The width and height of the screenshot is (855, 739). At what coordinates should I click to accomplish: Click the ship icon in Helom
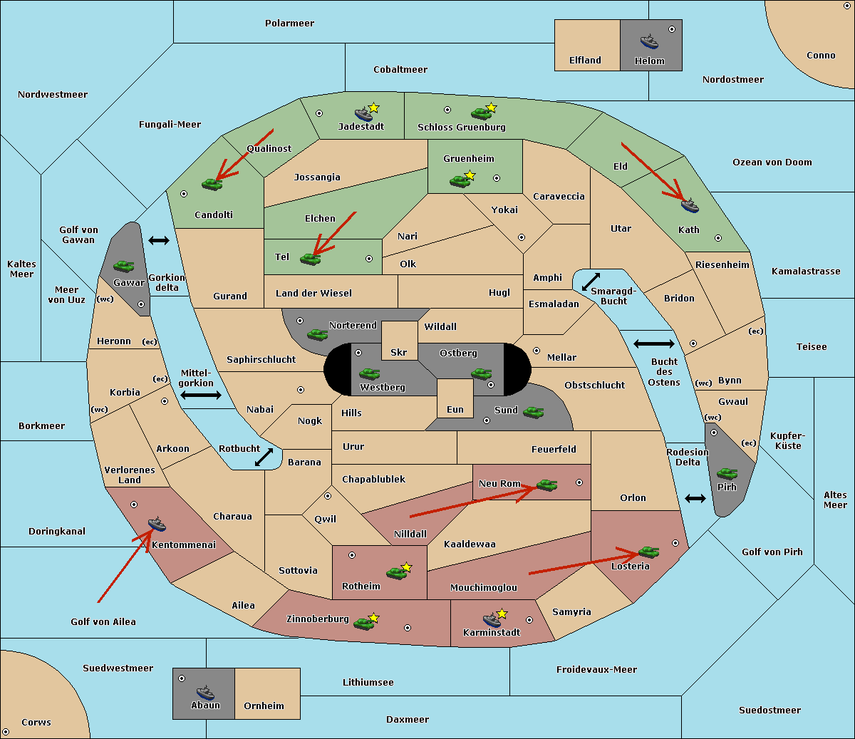coord(649,41)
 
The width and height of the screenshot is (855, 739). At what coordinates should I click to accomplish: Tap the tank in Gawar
coord(124,266)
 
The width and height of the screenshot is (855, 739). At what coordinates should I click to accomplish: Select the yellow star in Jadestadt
coord(373,108)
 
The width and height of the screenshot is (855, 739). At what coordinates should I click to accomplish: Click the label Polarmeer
coord(289,24)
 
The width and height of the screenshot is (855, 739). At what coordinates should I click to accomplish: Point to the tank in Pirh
coord(727,473)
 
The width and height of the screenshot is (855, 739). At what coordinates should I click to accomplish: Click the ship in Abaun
coord(205,693)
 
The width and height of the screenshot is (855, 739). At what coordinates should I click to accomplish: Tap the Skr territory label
coord(398,352)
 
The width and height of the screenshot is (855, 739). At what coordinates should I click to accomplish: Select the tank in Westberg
coord(369,373)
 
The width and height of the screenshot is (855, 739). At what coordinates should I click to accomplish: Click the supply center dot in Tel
coord(369,259)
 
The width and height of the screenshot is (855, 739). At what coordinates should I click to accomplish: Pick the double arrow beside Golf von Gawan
coord(159,240)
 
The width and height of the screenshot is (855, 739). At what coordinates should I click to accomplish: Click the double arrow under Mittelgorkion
coord(201,395)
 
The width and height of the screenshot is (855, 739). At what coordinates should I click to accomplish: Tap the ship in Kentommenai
coord(157,524)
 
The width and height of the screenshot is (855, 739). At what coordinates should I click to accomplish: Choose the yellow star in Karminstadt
coord(502,613)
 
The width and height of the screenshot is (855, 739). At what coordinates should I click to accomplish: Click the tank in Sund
coord(533,412)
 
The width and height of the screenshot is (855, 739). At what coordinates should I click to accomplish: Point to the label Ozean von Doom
coord(772,162)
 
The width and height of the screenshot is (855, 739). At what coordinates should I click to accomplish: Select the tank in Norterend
coord(317,334)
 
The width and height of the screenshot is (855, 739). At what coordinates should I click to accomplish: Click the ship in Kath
coord(690,205)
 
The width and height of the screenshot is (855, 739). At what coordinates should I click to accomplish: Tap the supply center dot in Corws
coord(6,731)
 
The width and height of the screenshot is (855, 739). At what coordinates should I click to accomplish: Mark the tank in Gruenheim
coord(460,181)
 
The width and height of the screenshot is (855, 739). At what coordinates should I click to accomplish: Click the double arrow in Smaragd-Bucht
coord(591,281)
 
